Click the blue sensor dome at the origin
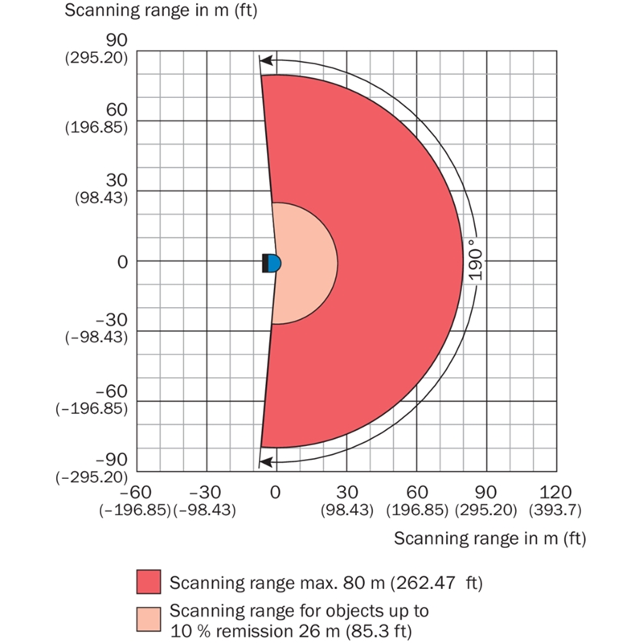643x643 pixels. tap(276, 263)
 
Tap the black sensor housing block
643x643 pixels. tap(266, 263)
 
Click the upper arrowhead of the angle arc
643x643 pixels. tap(264, 59)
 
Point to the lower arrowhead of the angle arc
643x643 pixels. tap(264, 461)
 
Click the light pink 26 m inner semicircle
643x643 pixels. tap(309, 263)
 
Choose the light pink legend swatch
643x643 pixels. tap(149, 618)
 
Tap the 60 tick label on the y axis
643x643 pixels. tap(118, 106)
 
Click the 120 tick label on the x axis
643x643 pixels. tap(556, 492)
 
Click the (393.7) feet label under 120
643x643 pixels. tap(556, 510)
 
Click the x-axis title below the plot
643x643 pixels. tap(490, 539)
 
